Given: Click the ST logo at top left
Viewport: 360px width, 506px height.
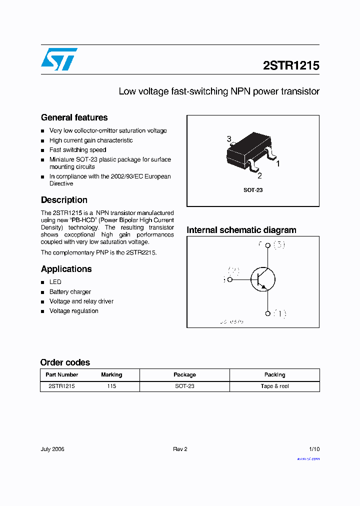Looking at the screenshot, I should pyautogui.click(x=59, y=59).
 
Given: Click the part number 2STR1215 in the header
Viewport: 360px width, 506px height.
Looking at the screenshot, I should pyautogui.click(x=290, y=65).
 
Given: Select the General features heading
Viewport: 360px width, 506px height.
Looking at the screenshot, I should pyautogui.click(x=74, y=117).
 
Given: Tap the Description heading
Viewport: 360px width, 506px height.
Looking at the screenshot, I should pyautogui.click(x=64, y=200).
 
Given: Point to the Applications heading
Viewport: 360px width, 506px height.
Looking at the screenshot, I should pyautogui.click(x=66, y=269).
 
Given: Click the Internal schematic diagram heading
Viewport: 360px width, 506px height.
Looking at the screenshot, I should pyautogui.click(x=241, y=230).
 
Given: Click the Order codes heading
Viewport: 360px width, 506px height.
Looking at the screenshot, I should pyautogui.click(x=65, y=362).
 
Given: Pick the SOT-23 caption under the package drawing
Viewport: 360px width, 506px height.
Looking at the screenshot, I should pyautogui.click(x=252, y=190).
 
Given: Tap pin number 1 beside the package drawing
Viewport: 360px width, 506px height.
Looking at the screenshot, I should pyautogui.click(x=278, y=163).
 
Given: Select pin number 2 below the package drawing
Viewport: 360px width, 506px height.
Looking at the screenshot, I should pyautogui.click(x=259, y=175).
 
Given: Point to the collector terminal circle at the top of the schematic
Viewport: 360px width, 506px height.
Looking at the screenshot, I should pyautogui.click(x=267, y=245).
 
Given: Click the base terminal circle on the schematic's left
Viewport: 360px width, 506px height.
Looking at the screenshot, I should pyautogui.click(x=230, y=280).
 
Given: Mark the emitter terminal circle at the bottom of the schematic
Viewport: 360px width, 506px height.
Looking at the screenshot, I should pyautogui.click(x=267, y=313).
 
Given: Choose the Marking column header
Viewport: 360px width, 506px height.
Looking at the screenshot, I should pyautogui.click(x=111, y=374).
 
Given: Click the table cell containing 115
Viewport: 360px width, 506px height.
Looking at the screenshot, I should pyautogui.click(x=111, y=386).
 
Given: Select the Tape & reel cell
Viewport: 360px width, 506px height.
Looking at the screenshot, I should pyautogui.click(x=274, y=386).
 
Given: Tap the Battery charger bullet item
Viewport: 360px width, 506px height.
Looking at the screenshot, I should pyautogui.click(x=70, y=291).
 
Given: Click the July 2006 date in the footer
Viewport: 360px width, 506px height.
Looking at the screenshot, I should pyautogui.click(x=52, y=449).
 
